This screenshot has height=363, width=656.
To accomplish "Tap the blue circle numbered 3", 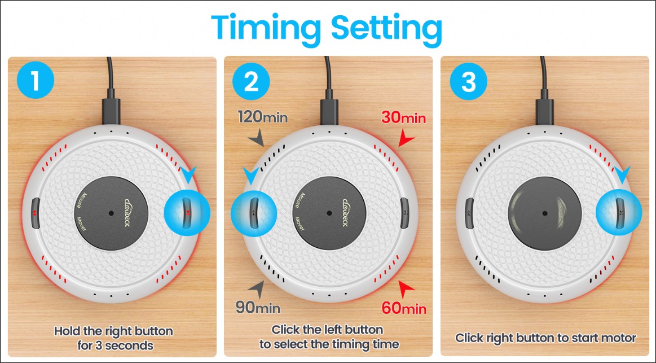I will (468, 82).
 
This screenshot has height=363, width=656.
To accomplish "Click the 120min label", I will (262, 117).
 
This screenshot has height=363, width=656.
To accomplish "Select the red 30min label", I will (403, 118).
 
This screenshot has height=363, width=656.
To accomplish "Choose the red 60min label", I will (404, 308).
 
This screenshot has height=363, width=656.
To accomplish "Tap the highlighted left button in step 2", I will (253, 213).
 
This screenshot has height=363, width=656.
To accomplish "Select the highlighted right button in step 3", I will (619, 213).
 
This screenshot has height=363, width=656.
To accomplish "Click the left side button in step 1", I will (35, 213).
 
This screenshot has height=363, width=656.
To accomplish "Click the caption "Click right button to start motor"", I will (545, 338).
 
